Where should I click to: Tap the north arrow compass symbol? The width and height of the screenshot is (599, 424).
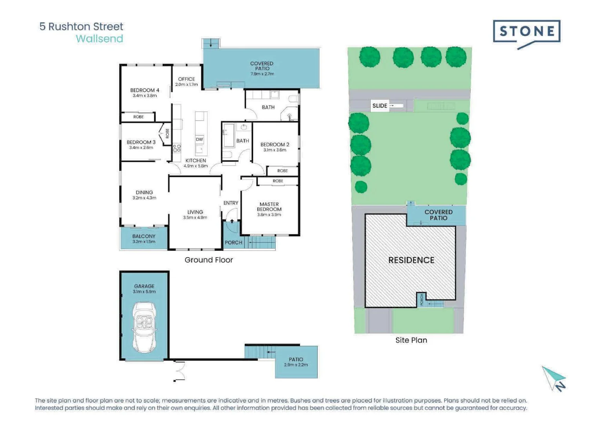coord(554,379)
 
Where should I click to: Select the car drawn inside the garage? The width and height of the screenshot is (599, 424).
coord(144,327)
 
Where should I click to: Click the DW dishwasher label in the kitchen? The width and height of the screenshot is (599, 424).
coord(200,139)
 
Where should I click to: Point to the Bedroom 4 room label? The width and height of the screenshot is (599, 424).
coord(145,90)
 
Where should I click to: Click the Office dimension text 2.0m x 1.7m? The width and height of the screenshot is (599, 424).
coord(187,84)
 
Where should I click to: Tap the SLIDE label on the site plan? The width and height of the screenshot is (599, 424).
coord(380,106)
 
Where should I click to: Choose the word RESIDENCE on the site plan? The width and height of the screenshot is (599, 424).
coord(411,260)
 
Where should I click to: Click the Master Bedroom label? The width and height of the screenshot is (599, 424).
coord(269,207)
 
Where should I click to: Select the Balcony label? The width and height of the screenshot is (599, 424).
coord(144,236)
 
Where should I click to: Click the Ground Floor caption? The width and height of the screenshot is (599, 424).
coord(209,260)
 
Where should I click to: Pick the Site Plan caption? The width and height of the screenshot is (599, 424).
coord(411,340)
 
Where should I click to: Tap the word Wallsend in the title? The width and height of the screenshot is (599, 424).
coord(100,39)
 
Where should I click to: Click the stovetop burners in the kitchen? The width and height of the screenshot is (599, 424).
coord(177,148)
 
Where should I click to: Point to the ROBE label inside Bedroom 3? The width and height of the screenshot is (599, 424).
coord(168,133)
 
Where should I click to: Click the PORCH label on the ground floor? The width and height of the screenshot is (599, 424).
coord(233,243)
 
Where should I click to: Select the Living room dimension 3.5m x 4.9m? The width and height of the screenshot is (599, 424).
coord(195,217)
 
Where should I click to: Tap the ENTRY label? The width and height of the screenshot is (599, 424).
coord(231,203)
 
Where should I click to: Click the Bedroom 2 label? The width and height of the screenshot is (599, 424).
coord(275,144)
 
